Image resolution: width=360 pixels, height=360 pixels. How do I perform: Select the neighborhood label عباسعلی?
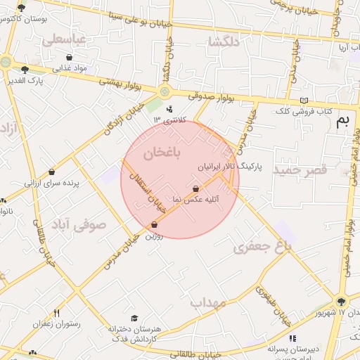tap(64, 40)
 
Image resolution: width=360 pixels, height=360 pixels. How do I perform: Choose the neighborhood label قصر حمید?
tap(301, 171)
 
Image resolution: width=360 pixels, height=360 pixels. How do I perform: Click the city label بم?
tap(343, 120)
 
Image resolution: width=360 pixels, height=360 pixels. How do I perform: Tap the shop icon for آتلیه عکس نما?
tap(195, 188)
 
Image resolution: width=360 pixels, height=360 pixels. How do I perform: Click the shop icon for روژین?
tap(154, 225)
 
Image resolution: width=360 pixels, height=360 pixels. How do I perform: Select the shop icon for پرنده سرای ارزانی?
tap(52, 172)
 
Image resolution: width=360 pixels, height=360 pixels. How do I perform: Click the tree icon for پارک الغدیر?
tap(25, 70)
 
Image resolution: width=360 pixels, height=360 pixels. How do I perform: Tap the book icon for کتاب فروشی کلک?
tap(304, 101)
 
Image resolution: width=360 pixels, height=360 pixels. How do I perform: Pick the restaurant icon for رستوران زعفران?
tap(56, 313)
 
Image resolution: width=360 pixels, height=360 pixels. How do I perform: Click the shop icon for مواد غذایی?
tap(69, 58)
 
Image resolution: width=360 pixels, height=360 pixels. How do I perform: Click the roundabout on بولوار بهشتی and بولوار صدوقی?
tap(165, 91)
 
